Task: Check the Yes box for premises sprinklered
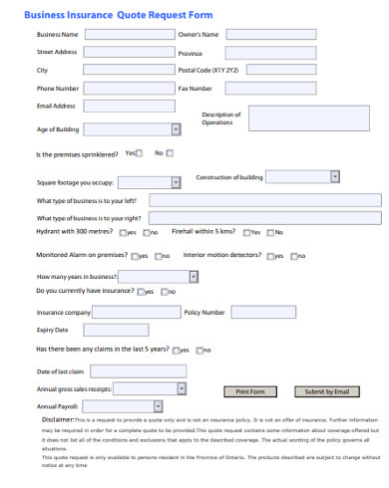click(x=142, y=153)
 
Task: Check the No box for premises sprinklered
click(x=169, y=153)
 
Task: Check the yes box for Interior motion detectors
click(x=271, y=256)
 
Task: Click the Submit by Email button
click(x=326, y=391)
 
